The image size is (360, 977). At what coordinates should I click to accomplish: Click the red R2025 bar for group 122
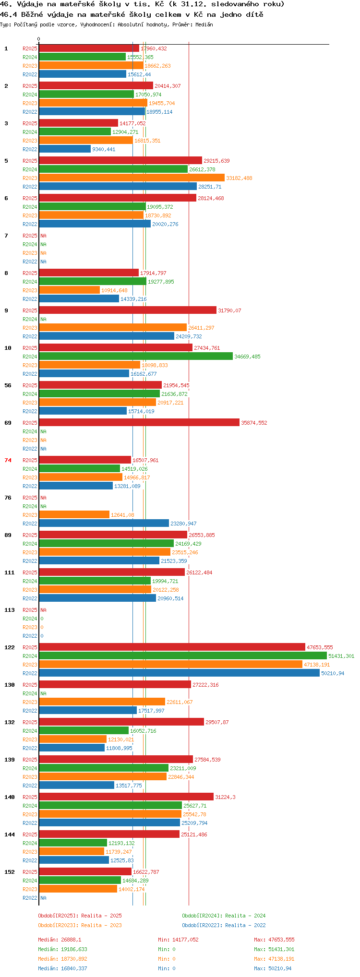[172, 647]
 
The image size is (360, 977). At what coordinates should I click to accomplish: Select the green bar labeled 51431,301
[183, 655]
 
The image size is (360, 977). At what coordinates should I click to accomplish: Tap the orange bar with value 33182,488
[132, 178]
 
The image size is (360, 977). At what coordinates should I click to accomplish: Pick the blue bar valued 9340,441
[65, 149]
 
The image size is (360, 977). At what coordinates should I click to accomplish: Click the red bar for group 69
[139, 422]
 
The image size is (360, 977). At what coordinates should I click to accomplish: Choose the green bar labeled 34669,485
[136, 356]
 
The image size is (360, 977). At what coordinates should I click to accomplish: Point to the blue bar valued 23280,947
[104, 523]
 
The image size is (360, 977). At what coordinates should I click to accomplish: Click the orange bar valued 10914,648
[69, 290]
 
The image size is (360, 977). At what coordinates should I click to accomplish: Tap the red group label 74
[8, 460]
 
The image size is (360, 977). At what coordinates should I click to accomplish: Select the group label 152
[10, 872]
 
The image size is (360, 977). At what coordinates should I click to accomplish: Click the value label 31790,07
[229, 310]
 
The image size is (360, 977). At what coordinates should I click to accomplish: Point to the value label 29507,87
[217, 722]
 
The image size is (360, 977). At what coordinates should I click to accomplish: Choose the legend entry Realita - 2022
[245, 925]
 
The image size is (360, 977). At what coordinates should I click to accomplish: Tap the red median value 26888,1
[71, 940]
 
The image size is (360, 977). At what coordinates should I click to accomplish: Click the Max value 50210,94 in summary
[280, 968]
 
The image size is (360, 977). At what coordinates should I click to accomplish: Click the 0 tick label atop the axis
[39, 39]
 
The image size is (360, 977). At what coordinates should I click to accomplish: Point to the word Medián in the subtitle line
[204, 24]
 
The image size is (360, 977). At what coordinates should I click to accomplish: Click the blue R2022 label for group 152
[30, 898]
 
